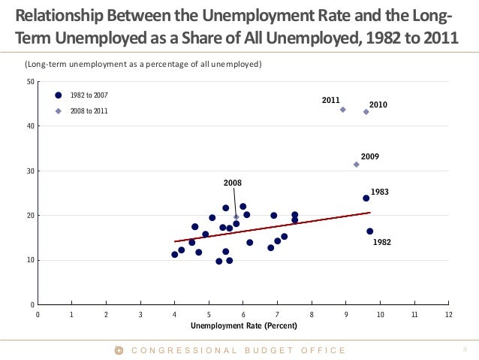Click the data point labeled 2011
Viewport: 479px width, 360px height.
pyautogui.click(x=342, y=110)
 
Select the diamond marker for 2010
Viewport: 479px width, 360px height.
pyautogui.click(x=366, y=112)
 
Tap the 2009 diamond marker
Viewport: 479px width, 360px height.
pyautogui.click(x=356, y=165)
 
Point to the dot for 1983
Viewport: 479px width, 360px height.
pyautogui.click(x=366, y=198)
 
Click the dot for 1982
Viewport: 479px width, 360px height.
pyautogui.click(x=369, y=231)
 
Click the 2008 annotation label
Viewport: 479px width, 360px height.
pyautogui.click(x=233, y=183)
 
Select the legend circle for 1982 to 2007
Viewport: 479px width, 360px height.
pyautogui.click(x=58, y=95)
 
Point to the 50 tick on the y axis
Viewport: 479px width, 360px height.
pyautogui.click(x=29, y=81)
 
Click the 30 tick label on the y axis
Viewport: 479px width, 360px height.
pyautogui.click(x=29, y=171)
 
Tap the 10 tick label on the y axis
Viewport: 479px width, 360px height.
pyautogui.click(x=29, y=261)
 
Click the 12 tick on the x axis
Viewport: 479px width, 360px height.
pyautogui.click(x=448, y=315)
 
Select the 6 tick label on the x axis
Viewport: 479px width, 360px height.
pyautogui.click(x=243, y=315)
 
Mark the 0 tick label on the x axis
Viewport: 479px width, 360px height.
pyautogui.click(x=38, y=315)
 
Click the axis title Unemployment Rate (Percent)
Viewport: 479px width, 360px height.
pyautogui.click(x=243, y=325)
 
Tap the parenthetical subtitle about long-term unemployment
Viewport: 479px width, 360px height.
pyautogui.click(x=143, y=65)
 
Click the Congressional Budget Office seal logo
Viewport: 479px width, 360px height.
pyautogui.click(x=118, y=350)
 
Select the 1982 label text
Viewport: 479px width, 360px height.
pyautogui.click(x=382, y=243)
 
